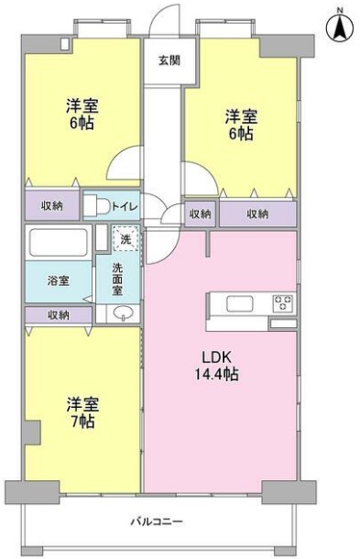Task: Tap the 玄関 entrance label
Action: [x=169, y=60]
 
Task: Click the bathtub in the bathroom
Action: [x=58, y=242]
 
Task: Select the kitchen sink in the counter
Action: [x=240, y=303]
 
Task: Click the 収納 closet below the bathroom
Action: [x=58, y=315]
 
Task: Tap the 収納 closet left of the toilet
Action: [x=51, y=205]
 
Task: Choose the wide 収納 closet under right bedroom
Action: [x=257, y=214]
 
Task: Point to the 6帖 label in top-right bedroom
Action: [x=242, y=133]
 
